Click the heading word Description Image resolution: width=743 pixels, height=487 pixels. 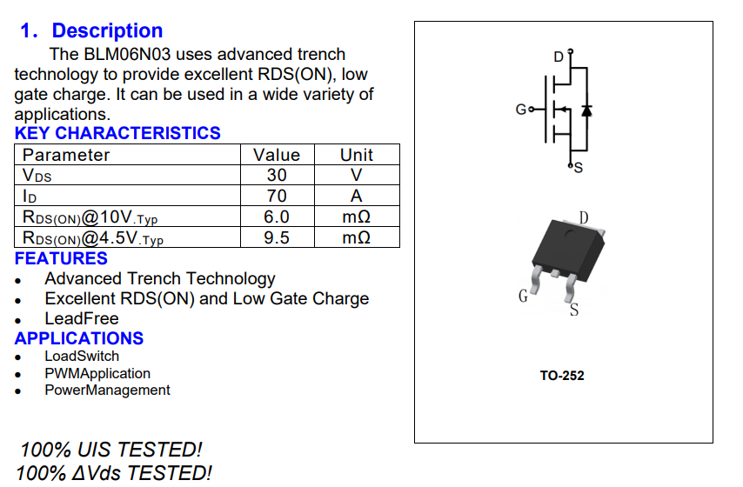[107, 30]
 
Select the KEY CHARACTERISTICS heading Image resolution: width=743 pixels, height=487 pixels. [117, 133]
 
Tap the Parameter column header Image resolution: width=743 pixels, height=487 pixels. [66, 155]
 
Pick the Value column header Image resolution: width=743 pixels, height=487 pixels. [277, 155]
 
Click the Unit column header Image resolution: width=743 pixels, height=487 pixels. [357, 155]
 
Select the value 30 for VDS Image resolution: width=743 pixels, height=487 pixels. [277, 175]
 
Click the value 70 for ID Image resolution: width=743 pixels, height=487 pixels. [277, 196]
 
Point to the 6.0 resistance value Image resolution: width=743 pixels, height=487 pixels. [277, 217]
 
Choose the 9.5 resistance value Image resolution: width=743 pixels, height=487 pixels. [277, 237]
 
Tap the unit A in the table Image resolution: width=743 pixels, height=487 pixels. [357, 196]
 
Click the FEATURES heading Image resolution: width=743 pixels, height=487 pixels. [61, 258]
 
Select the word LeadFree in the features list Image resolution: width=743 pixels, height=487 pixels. [82, 318]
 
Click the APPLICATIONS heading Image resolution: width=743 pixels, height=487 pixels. [79, 338]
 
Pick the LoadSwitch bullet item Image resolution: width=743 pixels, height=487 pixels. [82, 357]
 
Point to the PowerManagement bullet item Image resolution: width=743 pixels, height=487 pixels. [107, 390]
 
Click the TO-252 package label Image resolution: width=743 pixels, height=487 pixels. [562, 376]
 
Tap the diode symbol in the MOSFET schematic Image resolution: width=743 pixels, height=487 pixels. [586, 110]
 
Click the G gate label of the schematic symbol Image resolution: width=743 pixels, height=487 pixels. [520, 110]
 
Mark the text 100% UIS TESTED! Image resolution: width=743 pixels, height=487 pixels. [111, 450]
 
